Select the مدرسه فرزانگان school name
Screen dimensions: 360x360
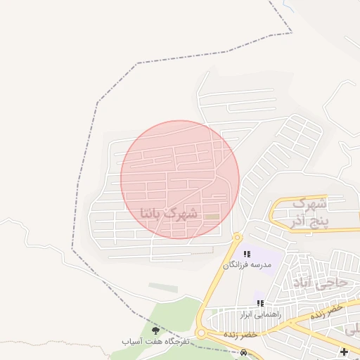[246, 264]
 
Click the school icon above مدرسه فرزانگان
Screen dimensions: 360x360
[247, 253]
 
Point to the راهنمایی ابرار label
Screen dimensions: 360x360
[260, 314]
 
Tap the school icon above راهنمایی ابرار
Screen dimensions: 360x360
[260, 303]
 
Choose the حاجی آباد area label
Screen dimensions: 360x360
[323, 283]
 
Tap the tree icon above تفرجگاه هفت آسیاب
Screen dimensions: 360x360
[155, 330]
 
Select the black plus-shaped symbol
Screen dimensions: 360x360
[344, 352]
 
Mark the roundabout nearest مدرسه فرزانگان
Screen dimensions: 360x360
[238, 238]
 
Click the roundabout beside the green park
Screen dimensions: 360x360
[201, 333]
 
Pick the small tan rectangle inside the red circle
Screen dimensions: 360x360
[212, 216]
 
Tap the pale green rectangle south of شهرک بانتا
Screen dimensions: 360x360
[163, 288]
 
